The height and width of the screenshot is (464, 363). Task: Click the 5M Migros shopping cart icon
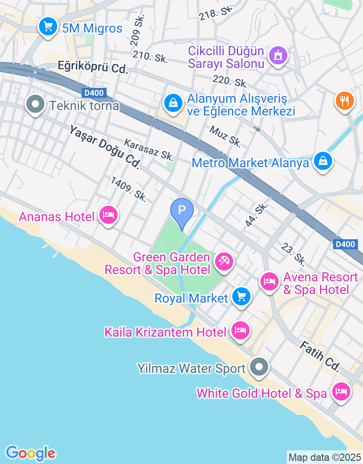point(48,27)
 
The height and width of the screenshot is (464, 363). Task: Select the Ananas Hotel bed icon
point(108,215)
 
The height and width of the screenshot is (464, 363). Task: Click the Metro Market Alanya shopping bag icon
point(322,161)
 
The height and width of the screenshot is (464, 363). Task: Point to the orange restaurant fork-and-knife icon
point(345,101)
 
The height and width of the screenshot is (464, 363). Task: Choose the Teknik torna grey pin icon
point(35,105)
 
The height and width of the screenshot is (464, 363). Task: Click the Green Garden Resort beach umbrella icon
point(224,262)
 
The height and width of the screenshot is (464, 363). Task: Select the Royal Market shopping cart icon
point(241,297)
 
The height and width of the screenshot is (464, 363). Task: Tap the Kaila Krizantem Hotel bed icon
point(239,330)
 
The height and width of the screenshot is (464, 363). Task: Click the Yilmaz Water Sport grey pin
point(260,367)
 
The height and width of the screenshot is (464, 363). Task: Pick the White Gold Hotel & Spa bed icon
point(340,391)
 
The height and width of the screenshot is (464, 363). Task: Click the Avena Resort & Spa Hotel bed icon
point(270,281)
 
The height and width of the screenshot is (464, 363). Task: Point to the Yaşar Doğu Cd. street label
point(104,148)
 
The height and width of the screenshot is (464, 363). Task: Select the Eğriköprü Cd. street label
point(93,67)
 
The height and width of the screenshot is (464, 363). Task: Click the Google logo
point(30,453)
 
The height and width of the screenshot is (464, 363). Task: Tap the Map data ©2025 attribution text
point(324,457)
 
